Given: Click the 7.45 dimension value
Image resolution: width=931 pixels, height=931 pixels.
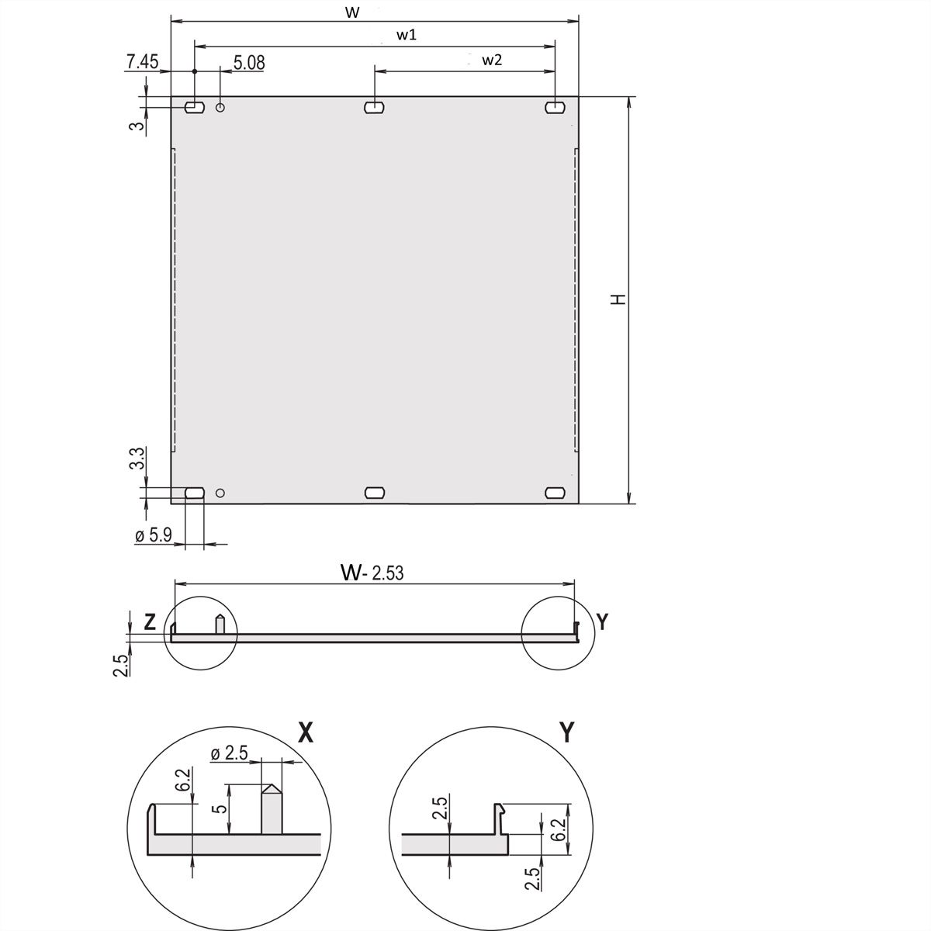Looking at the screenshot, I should (143, 62).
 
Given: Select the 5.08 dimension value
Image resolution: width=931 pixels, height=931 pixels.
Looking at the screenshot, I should (249, 62).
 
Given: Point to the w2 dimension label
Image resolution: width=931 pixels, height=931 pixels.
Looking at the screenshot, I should (491, 60).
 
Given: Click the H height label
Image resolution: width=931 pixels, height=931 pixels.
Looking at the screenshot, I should (618, 299).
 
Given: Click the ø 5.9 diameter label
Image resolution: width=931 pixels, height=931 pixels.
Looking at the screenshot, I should (153, 535).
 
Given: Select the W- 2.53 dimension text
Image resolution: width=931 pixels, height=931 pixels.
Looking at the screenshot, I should (372, 573).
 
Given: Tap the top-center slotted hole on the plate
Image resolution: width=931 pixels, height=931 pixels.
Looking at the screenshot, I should (375, 107).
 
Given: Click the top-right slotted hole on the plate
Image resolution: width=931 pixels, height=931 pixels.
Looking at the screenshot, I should (555, 107).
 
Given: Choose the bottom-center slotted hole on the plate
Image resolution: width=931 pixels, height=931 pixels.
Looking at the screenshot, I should (375, 492).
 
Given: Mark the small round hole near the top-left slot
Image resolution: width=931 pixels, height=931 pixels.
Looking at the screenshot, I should (221, 107).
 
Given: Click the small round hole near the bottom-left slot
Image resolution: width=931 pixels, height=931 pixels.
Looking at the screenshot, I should (220, 492).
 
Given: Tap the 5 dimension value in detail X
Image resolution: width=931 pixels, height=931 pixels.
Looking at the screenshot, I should (221, 808).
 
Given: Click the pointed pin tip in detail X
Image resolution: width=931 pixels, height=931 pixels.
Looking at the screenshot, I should (271, 788).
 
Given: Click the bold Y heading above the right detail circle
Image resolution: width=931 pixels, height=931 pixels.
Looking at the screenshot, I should (566, 732).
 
